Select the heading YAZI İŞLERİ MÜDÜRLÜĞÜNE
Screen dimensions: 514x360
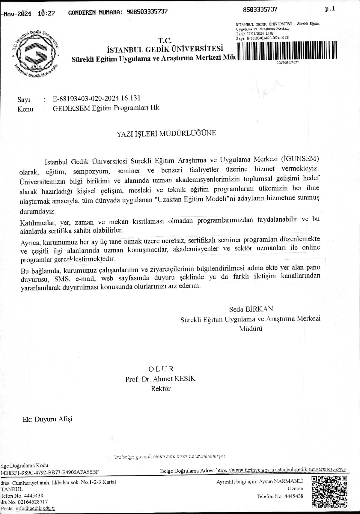coord(166,133)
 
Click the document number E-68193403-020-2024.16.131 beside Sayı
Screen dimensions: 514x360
coord(96,98)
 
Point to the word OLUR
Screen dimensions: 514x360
coord(161,369)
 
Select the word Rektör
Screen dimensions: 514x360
coord(161,388)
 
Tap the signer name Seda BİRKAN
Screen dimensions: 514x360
coord(251,309)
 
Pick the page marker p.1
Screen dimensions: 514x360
coord(330,9)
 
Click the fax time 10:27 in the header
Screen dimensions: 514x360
coord(46,13)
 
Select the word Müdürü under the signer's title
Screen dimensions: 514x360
coord(251,329)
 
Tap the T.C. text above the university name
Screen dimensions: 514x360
coord(165,40)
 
